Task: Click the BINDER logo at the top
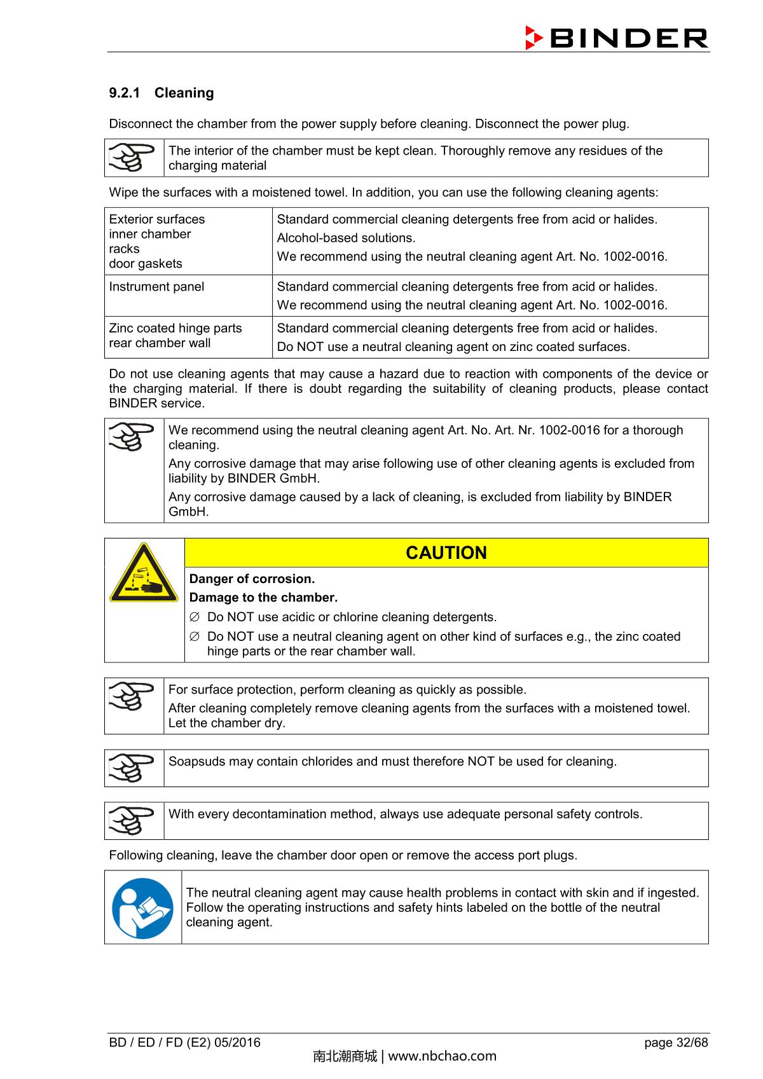click(615, 38)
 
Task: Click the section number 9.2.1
click(124, 93)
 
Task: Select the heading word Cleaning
click(184, 93)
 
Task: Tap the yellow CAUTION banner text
click(446, 553)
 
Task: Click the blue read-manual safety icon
click(143, 907)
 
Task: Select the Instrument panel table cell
click(156, 287)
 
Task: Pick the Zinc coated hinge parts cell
click(175, 328)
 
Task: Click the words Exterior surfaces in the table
click(157, 219)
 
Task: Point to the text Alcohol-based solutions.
click(346, 238)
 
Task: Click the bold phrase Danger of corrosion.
click(252, 579)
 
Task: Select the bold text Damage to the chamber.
click(263, 598)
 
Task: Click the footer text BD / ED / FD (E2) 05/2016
click(184, 1042)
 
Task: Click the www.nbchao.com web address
click(442, 1056)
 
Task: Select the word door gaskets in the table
click(146, 263)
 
